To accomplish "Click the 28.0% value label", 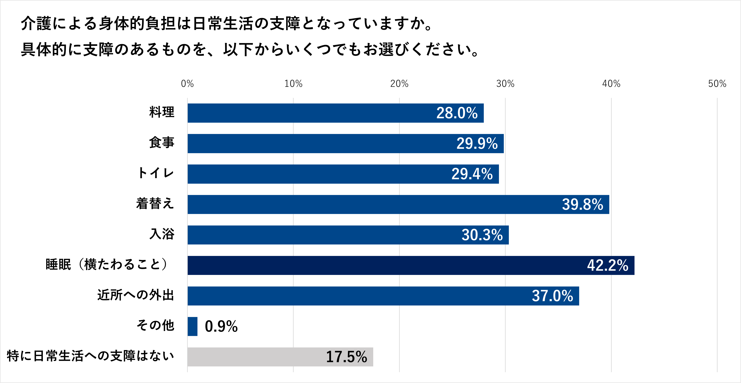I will (x=457, y=113).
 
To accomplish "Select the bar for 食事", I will (x=345, y=143).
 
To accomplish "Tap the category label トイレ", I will (x=156, y=173).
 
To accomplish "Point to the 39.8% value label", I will (x=583, y=204).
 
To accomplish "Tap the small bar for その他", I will (x=192, y=326).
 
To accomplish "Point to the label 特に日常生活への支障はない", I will (x=90, y=356).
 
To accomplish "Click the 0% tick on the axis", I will (x=187, y=84).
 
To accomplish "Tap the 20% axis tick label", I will (x=399, y=84).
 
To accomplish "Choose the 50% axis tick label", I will (x=717, y=84).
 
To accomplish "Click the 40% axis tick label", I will (x=611, y=84).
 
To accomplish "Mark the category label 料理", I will (x=162, y=112).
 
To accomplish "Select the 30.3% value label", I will (x=482, y=235).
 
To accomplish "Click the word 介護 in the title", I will (x=36, y=24).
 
